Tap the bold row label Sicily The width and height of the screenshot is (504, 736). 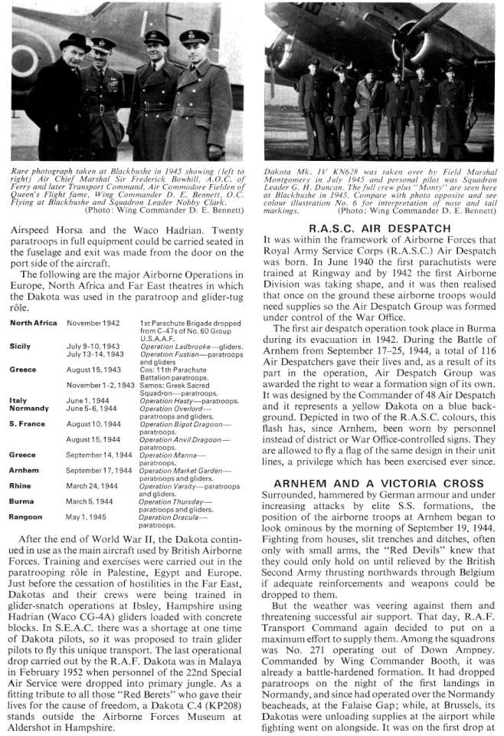point(21,347)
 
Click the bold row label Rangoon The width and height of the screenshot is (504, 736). point(26,517)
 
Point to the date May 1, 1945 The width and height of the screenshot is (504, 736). point(88,517)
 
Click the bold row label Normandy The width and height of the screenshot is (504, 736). point(30,409)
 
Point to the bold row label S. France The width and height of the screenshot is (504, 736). point(28,422)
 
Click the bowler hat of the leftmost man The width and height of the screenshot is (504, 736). point(74,41)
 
